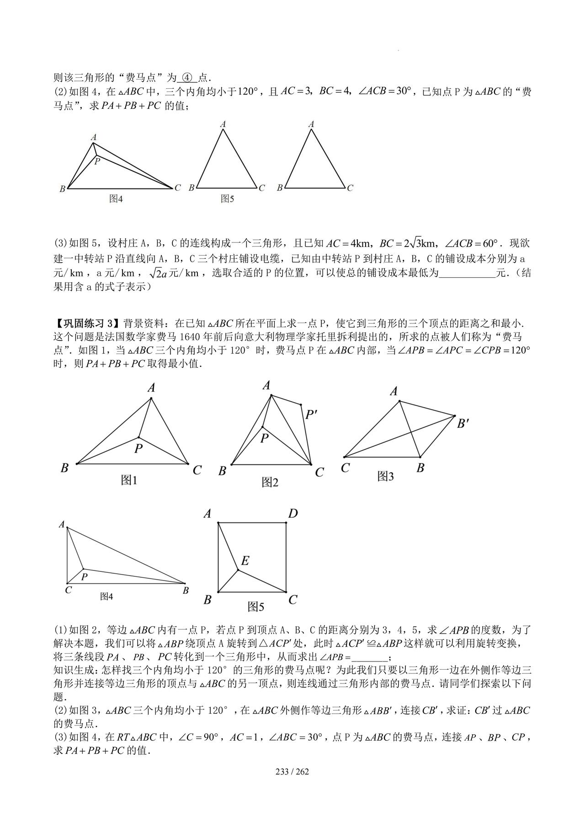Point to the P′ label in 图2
311,415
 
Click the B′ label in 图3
463,424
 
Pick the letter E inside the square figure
245,560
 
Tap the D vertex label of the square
292,514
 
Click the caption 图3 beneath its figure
385,476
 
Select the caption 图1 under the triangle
129,480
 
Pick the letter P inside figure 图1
138,448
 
